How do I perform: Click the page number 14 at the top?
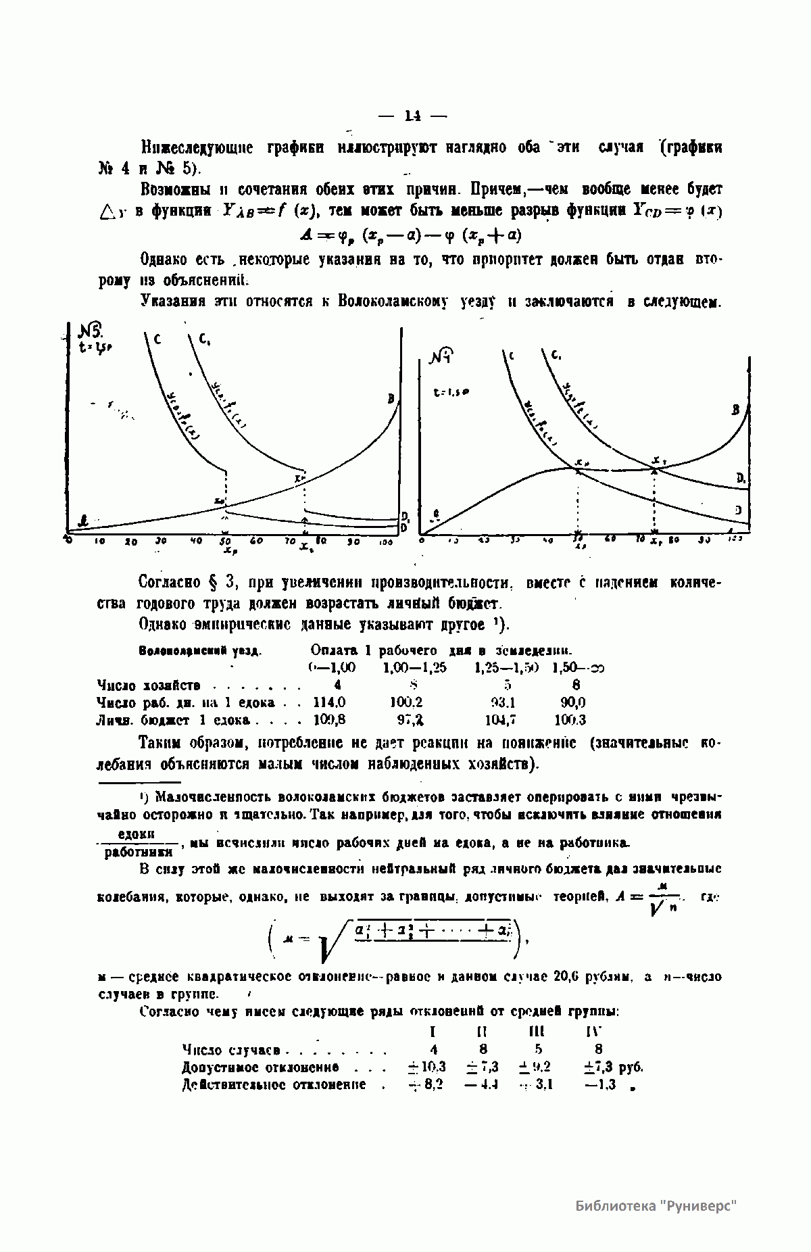coord(412,116)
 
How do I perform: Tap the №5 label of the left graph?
coord(91,331)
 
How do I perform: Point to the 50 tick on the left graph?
coord(226,541)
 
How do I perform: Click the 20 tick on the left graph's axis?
coord(131,541)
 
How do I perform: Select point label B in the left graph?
coord(391,399)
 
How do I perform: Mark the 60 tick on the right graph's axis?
coord(610,539)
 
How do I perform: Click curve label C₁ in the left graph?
coord(203,339)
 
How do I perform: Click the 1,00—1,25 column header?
coord(414,668)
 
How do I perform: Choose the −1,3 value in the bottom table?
coord(598,1085)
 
